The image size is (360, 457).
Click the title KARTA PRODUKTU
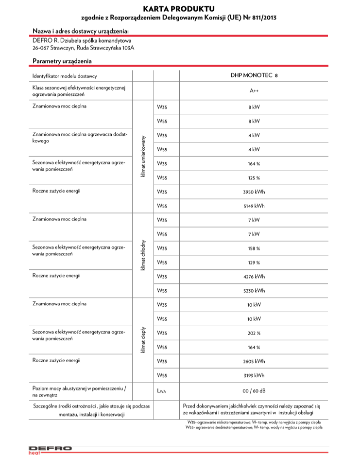[179, 9]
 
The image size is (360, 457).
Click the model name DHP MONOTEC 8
[254, 76]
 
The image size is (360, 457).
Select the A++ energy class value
[254, 90]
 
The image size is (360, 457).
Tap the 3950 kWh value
[254, 192]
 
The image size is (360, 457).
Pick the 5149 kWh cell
[254, 206]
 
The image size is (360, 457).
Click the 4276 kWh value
[254, 277]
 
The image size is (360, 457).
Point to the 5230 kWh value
[254, 291]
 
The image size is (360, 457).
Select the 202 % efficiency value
[254, 333]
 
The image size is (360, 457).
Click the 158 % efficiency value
[254, 248]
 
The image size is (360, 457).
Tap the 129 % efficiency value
[254, 263]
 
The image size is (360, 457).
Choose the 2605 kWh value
[254, 361]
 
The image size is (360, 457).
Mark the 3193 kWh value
[254, 375]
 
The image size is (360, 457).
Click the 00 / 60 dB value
[254, 391]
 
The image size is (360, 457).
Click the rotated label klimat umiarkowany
[143, 156]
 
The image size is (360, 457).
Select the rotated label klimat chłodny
[143, 255]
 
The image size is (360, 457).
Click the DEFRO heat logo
[50, 450]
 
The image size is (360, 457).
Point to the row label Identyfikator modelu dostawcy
[65, 76]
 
